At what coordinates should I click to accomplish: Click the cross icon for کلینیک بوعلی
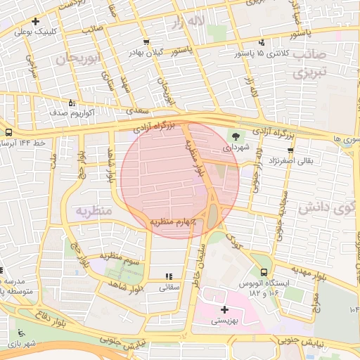(35, 21)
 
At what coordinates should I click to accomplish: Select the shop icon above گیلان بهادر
(146, 41)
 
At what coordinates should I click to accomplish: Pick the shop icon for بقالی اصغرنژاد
(290, 150)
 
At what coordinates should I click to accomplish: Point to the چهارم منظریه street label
(172, 221)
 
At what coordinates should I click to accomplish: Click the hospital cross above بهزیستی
(224, 309)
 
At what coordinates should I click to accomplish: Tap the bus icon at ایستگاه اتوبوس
(264, 272)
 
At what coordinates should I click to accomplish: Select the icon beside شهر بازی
(20, 333)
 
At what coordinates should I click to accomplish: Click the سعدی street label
(132, 111)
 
